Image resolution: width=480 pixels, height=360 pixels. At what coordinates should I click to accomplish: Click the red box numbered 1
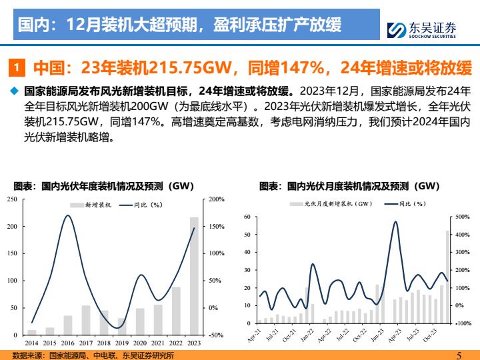pyautogui.click(x=18, y=68)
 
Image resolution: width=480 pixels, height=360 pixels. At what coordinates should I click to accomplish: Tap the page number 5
pyautogui.click(x=459, y=355)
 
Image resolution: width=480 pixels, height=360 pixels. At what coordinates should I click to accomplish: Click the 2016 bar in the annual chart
pyautogui.click(x=68, y=325)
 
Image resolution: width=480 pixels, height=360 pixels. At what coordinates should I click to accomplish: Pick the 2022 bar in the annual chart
pyautogui.click(x=176, y=311)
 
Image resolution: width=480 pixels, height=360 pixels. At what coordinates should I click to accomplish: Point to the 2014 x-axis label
pyautogui.click(x=31, y=343)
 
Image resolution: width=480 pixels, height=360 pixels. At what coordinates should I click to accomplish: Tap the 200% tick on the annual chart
pyautogui.click(x=217, y=199)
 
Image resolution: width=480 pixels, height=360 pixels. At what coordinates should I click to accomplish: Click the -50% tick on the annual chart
pyautogui.click(x=216, y=335)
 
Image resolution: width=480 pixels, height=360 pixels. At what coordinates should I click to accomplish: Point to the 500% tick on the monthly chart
pyautogui.click(x=462, y=217)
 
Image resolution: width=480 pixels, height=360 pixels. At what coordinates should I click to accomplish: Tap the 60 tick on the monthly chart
pyautogui.click(x=246, y=217)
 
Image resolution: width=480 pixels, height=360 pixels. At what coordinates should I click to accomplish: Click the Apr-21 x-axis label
pyautogui.click(x=254, y=334)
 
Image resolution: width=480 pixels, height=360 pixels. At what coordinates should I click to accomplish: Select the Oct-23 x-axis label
pyautogui.click(x=431, y=334)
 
